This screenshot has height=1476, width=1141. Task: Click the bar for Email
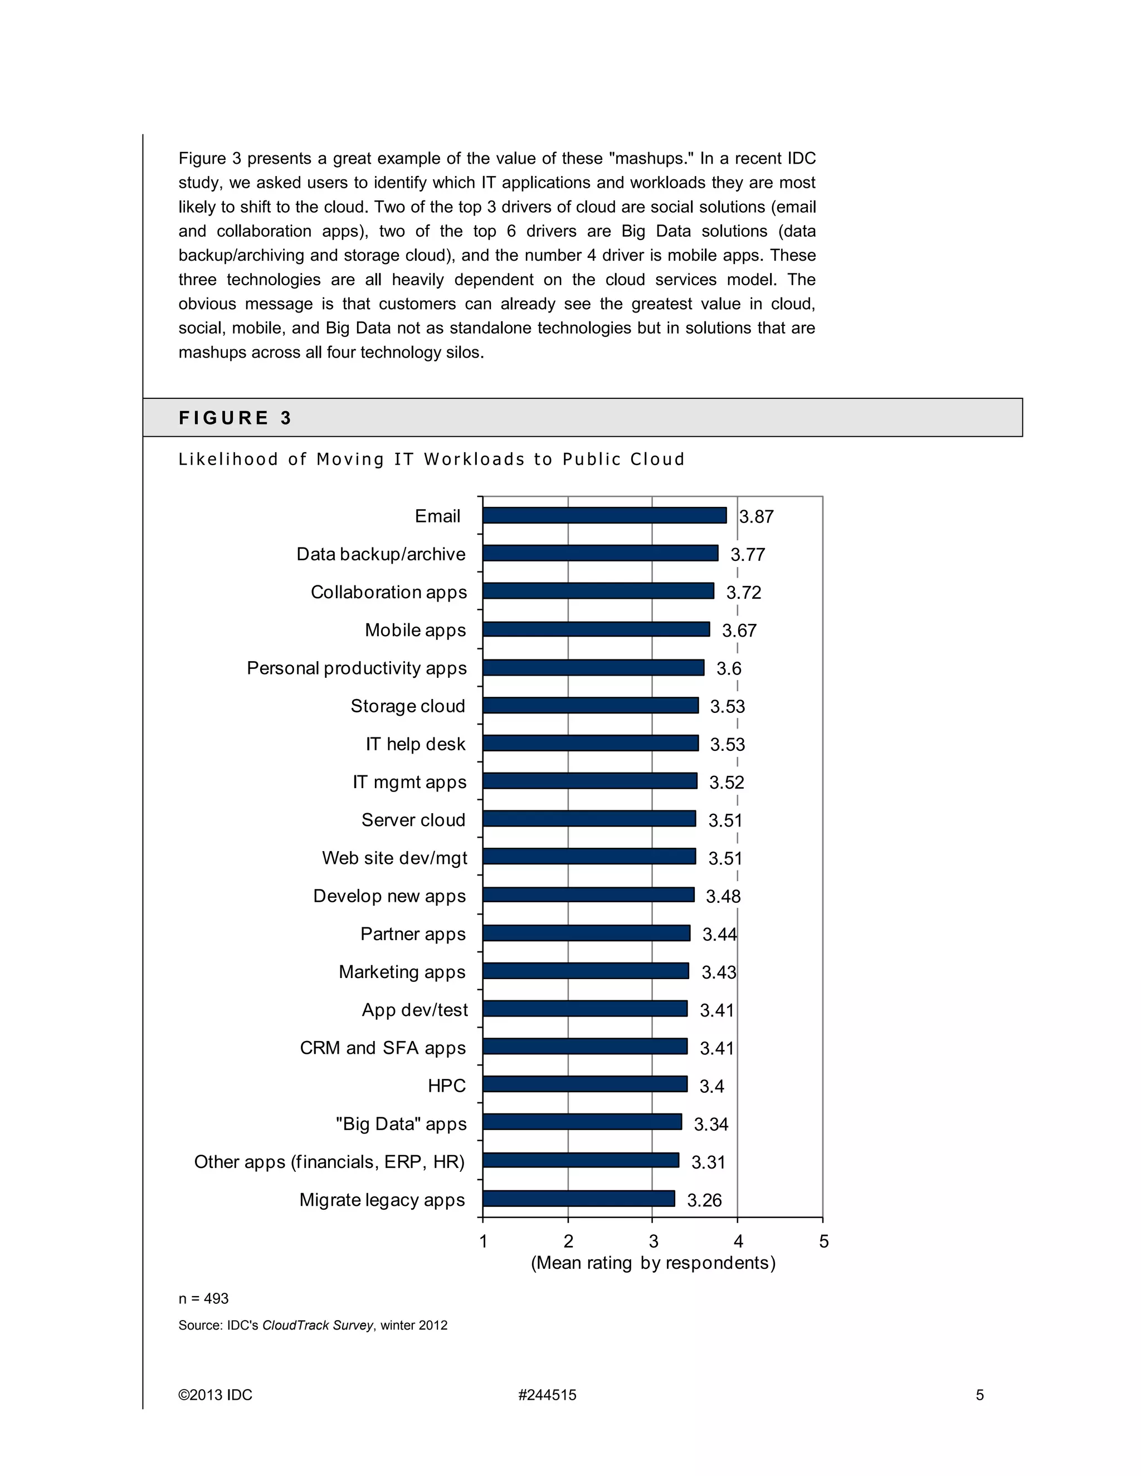(x=604, y=516)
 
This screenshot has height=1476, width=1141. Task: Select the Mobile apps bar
(x=596, y=630)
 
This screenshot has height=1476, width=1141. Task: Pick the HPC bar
(x=584, y=1084)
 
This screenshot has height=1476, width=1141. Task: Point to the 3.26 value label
(x=704, y=1200)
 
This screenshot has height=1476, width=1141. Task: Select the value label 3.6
(x=729, y=669)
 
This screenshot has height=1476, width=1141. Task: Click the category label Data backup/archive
(x=381, y=554)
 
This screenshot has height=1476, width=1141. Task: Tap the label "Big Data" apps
(x=401, y=1124)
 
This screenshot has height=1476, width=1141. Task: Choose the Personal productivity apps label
(x=356, y=668)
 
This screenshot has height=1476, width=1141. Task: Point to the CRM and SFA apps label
(x=383, y=1048)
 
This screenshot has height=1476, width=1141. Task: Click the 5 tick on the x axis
(x=823, y=1242)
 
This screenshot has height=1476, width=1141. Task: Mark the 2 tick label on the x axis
(x=568, y=1242)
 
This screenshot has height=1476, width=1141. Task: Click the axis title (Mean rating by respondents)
(x=653, y=1263)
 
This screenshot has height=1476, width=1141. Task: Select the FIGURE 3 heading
(x=235, y=418)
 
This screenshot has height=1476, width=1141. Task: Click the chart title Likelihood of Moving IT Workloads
(x=431, y=460)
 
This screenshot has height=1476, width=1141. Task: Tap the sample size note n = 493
(x=203, y=1299)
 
